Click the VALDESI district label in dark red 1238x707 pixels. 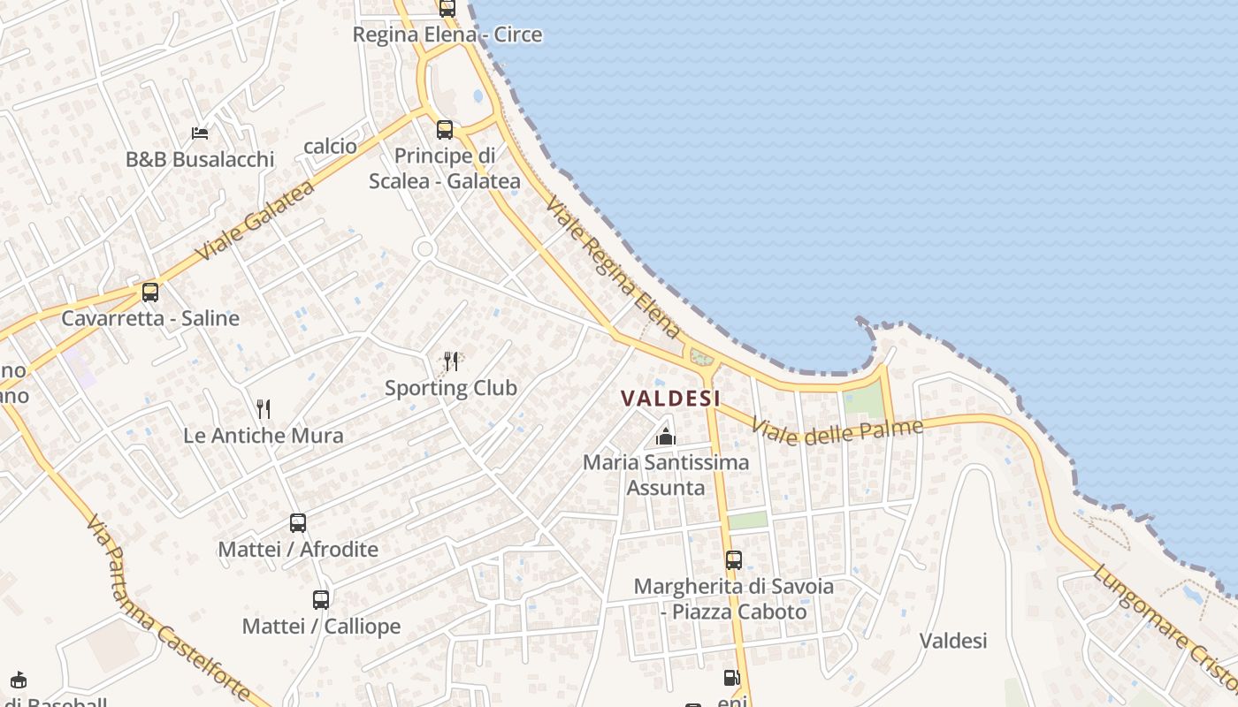(x=670, y=399)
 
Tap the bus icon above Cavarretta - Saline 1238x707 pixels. (x=150, y=292)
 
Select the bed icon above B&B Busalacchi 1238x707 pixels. (x=200, y=133)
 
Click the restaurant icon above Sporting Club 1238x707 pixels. (x=451, y=361)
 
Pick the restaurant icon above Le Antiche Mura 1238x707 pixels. (x=263, y=408)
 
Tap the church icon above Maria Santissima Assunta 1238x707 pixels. (x=666, y=437)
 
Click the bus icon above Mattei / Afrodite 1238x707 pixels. (x=298, y=522)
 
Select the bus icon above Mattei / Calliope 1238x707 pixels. (x=321, y=599)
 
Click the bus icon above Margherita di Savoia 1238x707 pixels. (x=734, y=559)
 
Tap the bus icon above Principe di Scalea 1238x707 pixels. (x=445, y=130)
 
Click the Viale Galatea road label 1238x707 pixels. (x=255, y=221)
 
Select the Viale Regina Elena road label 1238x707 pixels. (x=614, y=267)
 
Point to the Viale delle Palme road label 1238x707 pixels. (x=837, y=431)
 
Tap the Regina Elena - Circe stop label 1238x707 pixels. (x=447, y=34)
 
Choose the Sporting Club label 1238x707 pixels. (x=451, y=388)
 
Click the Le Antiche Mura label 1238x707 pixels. (x=264, y=436)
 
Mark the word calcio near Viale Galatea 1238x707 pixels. (x=330, y=146)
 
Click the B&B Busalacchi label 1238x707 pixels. (x=200, y=160)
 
